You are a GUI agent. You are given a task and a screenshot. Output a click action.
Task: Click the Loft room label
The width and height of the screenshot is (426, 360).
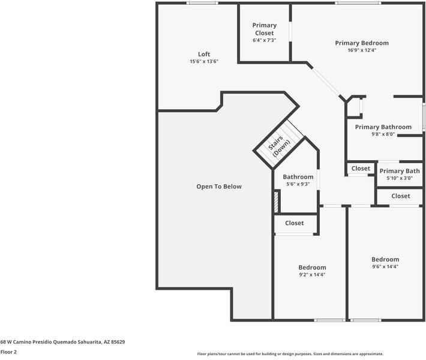[204, 54]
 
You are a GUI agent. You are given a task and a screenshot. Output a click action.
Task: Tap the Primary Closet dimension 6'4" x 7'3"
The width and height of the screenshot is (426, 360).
[265, 40]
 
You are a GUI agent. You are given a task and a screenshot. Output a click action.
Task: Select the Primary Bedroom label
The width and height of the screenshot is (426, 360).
[362, 43]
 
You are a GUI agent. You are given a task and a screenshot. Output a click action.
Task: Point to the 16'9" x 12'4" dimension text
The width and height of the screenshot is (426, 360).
[362, 50]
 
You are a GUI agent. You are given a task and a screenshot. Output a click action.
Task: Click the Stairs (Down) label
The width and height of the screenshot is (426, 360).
[279, 146]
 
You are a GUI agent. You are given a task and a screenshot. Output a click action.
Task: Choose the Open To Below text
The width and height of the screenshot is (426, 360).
[219, 187]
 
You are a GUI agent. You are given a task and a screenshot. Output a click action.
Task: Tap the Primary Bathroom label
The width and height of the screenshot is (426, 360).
[383, 127]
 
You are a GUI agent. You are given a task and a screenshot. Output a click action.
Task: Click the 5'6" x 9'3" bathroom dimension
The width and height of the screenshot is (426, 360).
[298, 184]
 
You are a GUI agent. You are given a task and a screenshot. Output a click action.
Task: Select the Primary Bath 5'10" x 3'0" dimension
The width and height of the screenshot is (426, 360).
[400, 178]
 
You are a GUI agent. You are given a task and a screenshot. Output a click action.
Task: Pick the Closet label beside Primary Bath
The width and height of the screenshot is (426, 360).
[361, 169]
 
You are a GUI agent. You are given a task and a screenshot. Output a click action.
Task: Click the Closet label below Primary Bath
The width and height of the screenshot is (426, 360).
[401, 196]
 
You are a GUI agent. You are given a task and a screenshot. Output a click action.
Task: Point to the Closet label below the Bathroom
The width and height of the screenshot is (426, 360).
[295, 223]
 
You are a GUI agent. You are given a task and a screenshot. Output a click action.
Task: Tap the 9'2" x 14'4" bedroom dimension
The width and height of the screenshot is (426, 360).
[312, 275]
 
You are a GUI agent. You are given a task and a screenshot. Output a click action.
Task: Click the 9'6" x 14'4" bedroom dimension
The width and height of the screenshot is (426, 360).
[385, 266]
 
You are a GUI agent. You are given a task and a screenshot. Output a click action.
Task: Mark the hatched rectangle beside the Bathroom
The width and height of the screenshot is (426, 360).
[277, 202]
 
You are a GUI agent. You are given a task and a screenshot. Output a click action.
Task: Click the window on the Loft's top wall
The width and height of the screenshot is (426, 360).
[202, 3]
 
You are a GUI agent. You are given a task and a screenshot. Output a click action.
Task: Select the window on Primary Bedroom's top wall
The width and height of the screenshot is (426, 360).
[358, 3]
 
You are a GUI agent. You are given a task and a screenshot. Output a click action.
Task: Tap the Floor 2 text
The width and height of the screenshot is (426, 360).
[8, 352]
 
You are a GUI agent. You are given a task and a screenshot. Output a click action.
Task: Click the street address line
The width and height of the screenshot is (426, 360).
[63, 342]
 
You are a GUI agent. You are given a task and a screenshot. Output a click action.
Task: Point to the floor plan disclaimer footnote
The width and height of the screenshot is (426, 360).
[290, 354]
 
